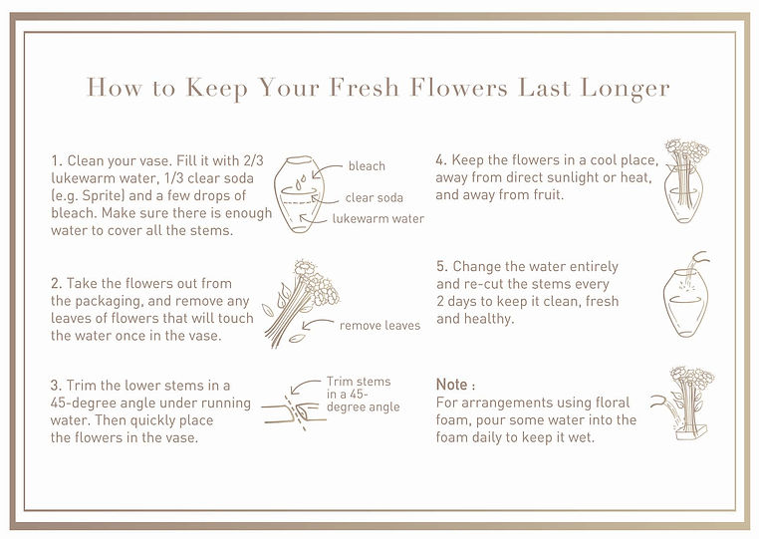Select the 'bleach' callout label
[x=367, y=166]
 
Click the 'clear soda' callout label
[x=375, y=197]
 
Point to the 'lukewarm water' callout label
[x=379, y=219]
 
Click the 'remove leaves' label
[x=379, y=326]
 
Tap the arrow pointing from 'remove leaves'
[x=317, y=324]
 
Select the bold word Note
[x=451, y=385]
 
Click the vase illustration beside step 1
[x=298, y=194]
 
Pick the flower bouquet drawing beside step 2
[x=300, y=304]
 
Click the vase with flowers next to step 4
[x=685, y=181]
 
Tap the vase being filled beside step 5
[x=686, y=295]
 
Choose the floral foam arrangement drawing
[x=683, y=404]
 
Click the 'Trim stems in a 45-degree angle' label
[x=363, y=395]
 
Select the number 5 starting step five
[x=440, y=267]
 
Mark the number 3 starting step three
[x=54, y=386]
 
